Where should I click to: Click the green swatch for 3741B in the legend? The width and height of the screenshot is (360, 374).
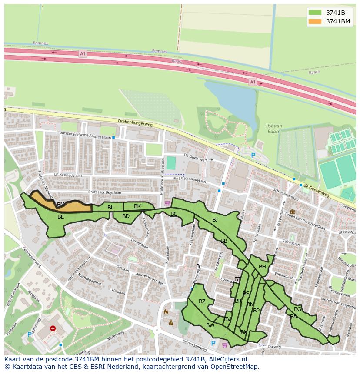315,13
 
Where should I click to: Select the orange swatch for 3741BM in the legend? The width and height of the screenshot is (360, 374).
315,21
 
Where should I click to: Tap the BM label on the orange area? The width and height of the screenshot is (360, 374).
61,205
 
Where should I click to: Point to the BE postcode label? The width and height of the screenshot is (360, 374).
61,217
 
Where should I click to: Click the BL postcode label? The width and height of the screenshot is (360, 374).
110,208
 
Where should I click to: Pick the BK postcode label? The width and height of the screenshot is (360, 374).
137,206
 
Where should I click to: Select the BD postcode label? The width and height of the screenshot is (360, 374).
126,216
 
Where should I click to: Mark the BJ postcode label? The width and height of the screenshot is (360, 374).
215,220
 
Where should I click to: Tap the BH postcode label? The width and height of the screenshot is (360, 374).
262,267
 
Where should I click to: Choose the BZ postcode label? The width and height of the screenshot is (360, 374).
202,301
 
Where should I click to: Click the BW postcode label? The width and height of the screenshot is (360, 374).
210,325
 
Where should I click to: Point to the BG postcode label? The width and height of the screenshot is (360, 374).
297,309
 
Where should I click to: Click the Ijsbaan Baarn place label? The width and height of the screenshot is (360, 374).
274,129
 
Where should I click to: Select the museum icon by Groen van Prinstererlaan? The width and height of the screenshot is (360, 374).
292,212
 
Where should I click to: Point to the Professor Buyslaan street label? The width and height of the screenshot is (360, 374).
103,192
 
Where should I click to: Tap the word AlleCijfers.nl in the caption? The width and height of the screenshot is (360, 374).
228,359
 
